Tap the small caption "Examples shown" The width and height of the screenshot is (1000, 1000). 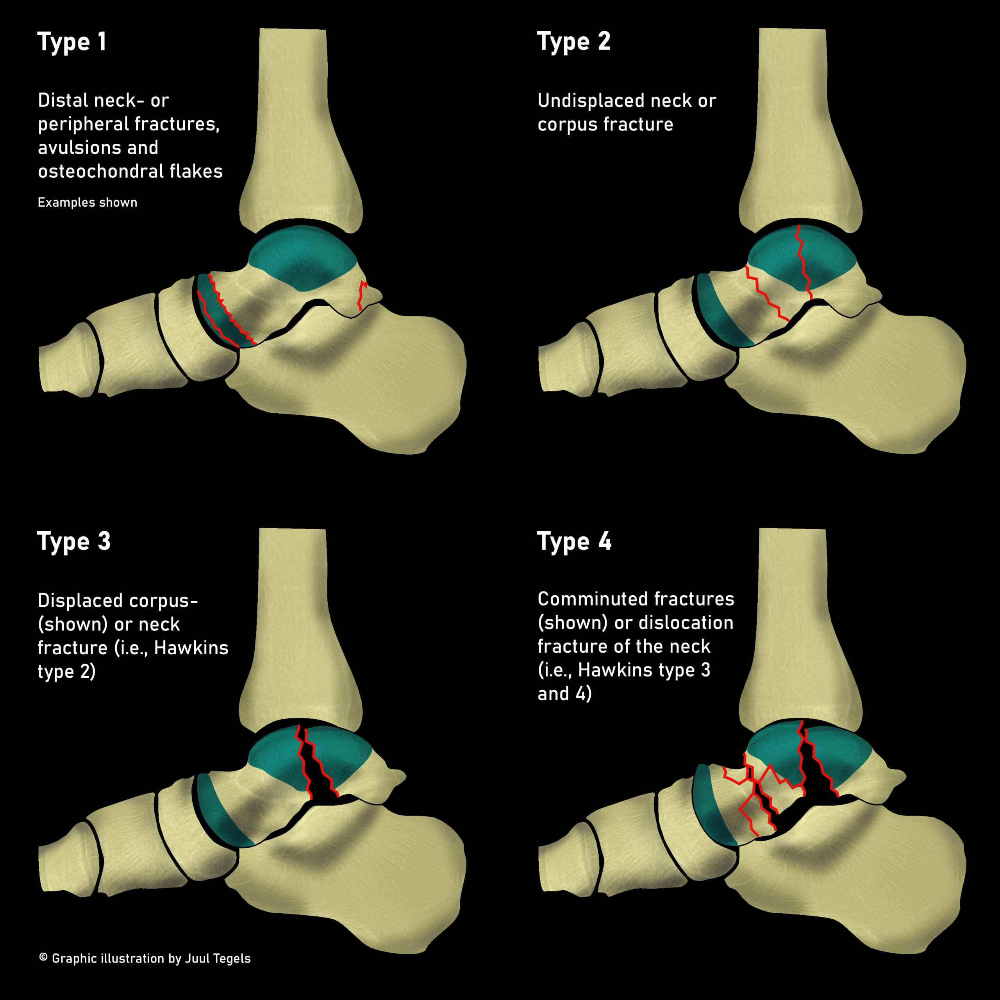pyautogui.click(x=87, y=202)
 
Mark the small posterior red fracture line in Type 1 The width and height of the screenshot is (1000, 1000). pyautogui.click(x=362, y=296)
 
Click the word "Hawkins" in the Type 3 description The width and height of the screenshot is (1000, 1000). pyautogui.click(x=191, y=648)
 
